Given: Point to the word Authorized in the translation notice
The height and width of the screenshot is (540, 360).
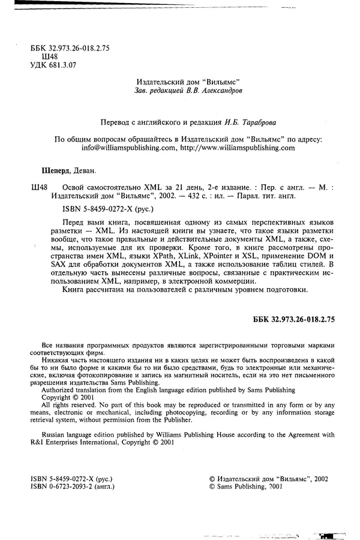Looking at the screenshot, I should click(58, 372).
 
